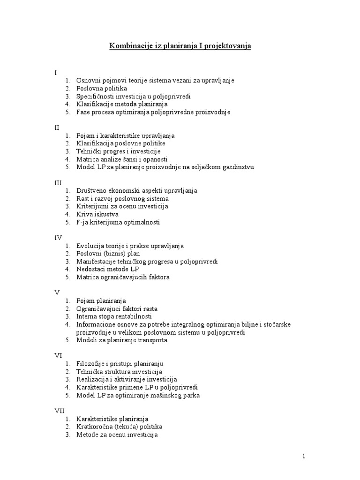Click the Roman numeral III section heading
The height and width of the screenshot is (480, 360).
point(58,183)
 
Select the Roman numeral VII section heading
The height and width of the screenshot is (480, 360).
point(59,410)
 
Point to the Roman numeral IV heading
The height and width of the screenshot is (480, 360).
point(58,238)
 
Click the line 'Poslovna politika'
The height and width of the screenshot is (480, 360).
point(102,88)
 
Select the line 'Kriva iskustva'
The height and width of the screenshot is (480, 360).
point(97,214)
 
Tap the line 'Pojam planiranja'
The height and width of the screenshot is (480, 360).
point(101,301)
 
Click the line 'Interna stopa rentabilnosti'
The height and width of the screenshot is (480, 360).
point(114,316)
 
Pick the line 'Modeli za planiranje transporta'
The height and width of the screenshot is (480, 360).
point(122,340)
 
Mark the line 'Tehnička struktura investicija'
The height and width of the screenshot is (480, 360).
point(120,371)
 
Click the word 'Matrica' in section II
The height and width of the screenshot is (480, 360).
point(88,159)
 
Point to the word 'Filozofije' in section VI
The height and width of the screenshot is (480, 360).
point(92,363)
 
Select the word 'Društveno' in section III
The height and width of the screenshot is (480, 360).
point(92,191)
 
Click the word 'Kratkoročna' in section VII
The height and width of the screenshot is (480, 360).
point(95,427)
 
